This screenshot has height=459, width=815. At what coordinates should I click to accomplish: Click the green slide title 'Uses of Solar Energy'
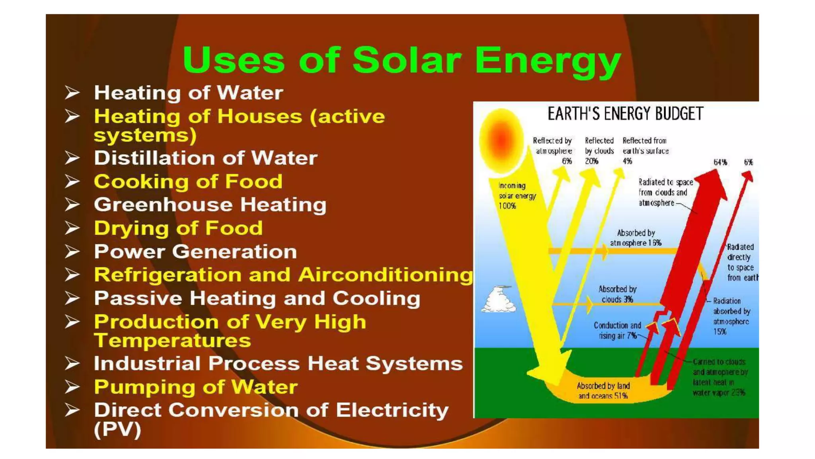pyautogui.click(x=402, y=61)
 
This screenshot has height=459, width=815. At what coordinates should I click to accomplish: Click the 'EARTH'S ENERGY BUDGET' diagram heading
pyautogui.click(x=625, y=114)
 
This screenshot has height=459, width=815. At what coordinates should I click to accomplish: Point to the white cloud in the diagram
pyautogui.click(x=499, y=300)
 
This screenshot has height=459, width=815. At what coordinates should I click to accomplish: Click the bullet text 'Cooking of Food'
pyautogui.click(x=188, y=182)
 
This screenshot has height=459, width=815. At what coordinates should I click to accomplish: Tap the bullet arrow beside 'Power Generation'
pyautogui.click(x=72, y=252)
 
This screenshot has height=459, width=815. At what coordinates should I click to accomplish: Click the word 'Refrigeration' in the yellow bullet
pyautogui.click(x=168, y=275)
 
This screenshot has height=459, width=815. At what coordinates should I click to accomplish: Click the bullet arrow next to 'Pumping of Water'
pyautogui.click(x=72, y=387)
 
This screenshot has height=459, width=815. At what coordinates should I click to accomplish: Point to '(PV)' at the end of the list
pyautogui.click(x=117, y=430)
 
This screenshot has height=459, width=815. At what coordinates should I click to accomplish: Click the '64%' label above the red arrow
pyautogui.click(x=720, y=162)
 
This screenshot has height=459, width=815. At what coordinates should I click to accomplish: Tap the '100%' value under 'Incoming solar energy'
pyautogui.click(x=507, y=206)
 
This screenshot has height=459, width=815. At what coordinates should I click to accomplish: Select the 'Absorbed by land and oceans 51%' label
pyautogui.click(x=603, y=391)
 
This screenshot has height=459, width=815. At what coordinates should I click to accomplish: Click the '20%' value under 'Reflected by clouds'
pyautogui.click(x=591, y=161)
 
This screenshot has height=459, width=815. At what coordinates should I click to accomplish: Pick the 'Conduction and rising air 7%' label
pyautogui.click(x=617, y=331)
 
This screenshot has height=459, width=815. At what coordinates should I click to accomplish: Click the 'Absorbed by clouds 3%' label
pyautogui.click(x=617, y=294)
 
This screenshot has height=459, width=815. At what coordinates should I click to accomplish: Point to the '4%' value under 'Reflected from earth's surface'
pyautogui.click(x=627, y=161)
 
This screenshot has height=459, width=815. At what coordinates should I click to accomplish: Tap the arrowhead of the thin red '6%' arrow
pyautogui.click(x=749, y=175)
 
